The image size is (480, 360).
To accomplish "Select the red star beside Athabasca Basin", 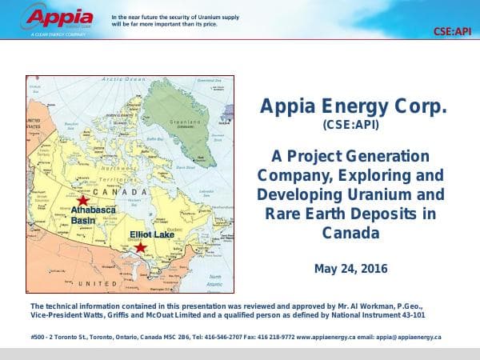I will (82, 199).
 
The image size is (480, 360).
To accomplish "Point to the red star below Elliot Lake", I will (141, 248).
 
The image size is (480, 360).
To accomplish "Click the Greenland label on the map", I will (182, 122).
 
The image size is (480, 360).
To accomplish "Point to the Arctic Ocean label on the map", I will (124, 80).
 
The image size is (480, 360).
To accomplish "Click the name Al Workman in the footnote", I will (366, 306).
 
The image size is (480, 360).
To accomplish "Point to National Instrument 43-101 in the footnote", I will (390, 315).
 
